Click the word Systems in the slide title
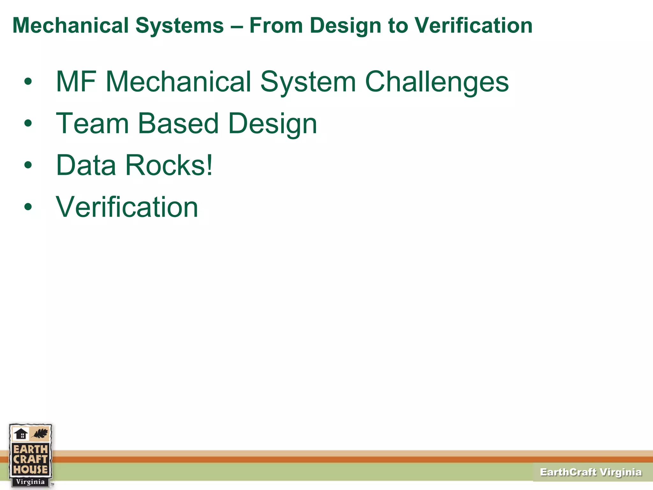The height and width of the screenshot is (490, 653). click(x=180, y=26)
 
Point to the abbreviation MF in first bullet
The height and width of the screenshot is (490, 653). click(x=76, y=82)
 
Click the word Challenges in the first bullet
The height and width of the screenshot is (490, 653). click(x=437, y=82)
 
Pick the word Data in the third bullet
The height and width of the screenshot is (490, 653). click(x=86, y=165)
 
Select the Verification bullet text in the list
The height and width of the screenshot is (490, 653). click(x=127, y=207)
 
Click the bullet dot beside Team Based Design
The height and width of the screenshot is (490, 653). click(x=28, y=123)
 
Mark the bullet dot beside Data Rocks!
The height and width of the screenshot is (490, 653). click(x=28, y=165)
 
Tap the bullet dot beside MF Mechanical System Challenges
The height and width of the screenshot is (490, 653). click(x=28, y=81)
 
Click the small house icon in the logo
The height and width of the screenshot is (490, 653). click(x=21, y=434)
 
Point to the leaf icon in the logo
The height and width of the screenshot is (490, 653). click(x=40, y=434)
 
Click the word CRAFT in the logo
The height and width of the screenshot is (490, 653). click(x=30, y=459)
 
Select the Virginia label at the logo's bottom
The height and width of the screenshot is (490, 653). click(x=30, y=482)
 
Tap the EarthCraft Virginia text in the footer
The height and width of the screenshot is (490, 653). click(x=591, y=472)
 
